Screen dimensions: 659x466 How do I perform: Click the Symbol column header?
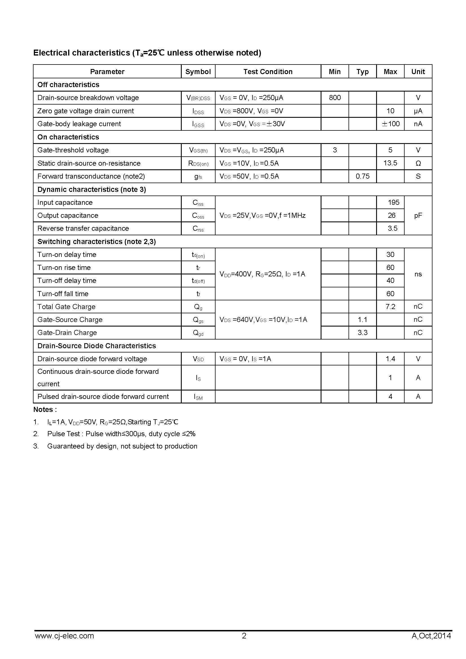pos(198,72)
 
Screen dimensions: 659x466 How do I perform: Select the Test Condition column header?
pos(268,72)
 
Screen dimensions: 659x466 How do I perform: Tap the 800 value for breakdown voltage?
pos(335,97)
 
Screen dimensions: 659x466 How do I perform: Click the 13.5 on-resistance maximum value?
pos(390,163)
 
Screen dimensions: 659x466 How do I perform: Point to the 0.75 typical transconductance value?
pos(362,176)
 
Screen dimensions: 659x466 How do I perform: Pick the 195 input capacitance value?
pos(393,202)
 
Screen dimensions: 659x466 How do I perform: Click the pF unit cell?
pos(418,216)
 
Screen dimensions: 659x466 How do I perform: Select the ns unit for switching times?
pos(418,274)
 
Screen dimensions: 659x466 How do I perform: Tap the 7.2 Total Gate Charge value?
pos(390,307)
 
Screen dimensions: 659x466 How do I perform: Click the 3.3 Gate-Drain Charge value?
pos(362,332)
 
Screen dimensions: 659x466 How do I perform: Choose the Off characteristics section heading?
pos(68,85)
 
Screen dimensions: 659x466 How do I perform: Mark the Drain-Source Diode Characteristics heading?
pos(97,346)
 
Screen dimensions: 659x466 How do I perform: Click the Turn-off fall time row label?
pos(63,294)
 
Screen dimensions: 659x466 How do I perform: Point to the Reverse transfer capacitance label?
pos(83,228)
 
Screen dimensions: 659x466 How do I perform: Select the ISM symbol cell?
pos(198,397)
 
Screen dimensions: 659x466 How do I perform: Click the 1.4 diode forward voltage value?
pos(390,359)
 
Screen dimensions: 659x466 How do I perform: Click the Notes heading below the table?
pos(45,410)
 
